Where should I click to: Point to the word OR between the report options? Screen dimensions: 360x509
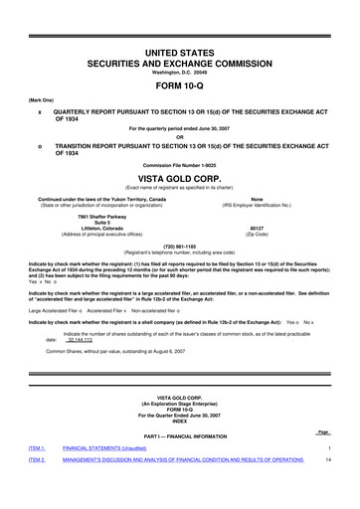(x=180, y=137)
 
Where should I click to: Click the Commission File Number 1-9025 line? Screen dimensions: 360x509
(x=180, y=163)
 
